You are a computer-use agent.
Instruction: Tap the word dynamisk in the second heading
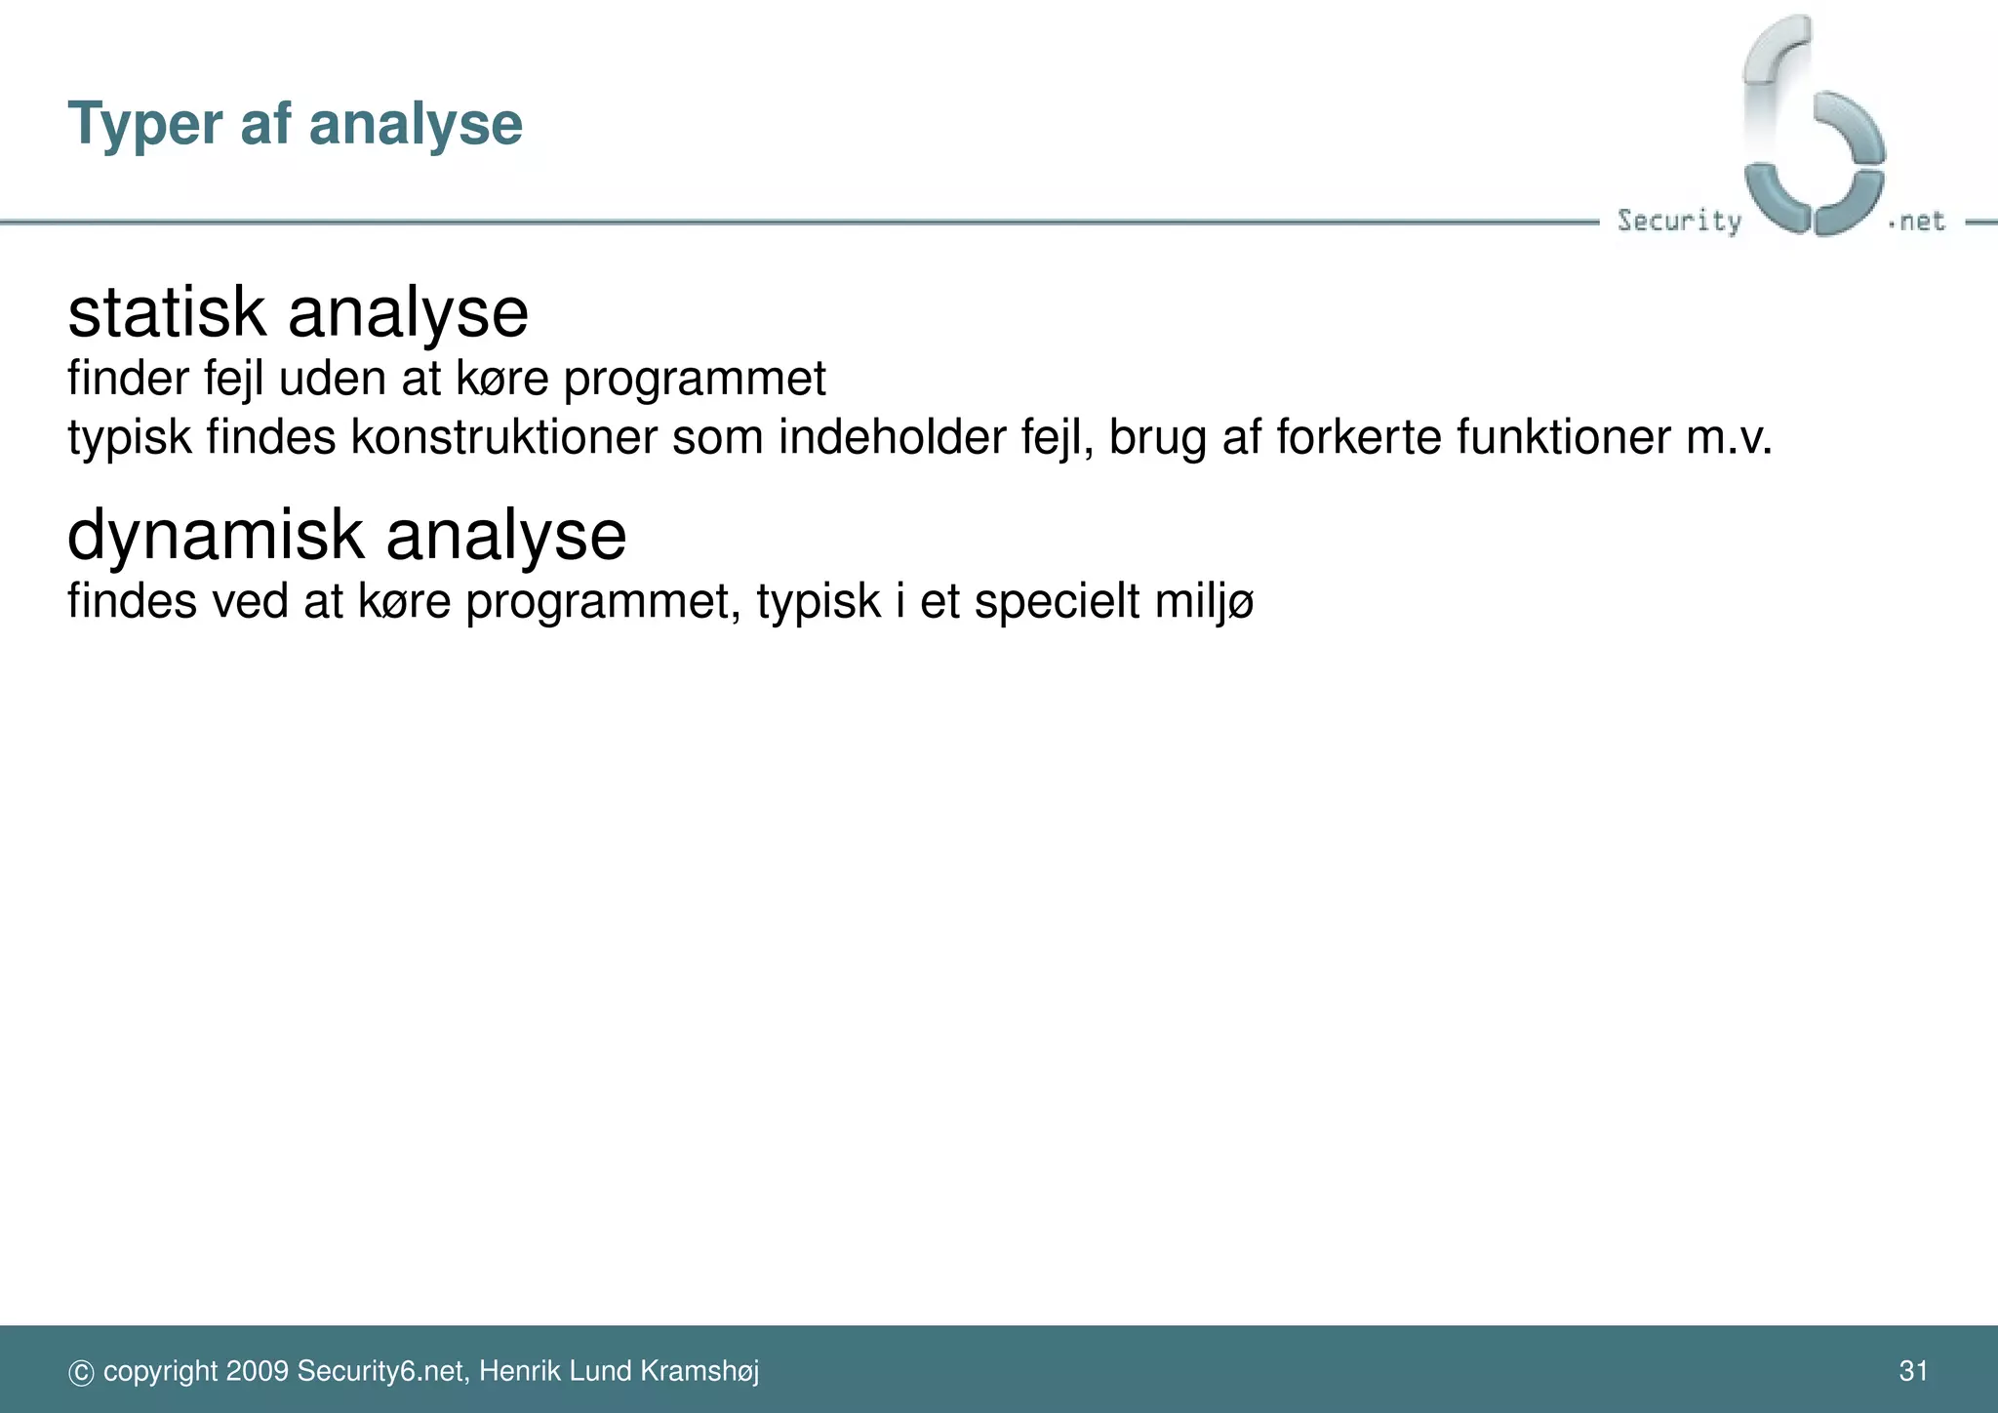click(216, 536)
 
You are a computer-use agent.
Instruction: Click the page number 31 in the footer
click(1913, 1371)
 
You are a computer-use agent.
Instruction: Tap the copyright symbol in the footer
click(81, 1373)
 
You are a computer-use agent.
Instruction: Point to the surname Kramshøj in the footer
click(699, 1371)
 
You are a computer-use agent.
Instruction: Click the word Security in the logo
click(1679, 221)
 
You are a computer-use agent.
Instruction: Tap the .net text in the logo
click(1917, 222)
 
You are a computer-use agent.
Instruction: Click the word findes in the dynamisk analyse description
click(132, 600)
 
